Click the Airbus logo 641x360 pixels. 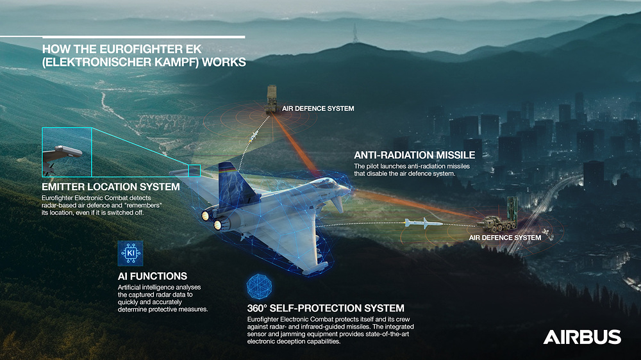(x=582, y=337)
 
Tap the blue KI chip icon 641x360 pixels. (x=131, y=254)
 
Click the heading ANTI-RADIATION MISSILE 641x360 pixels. (x=414, y=155)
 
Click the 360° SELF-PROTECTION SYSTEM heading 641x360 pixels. (x=326, y=308)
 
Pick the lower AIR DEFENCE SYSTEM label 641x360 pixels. (x=505, y=238)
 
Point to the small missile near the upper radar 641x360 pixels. (x=254, y=136)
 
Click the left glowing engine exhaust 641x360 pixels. (x=208, y=217)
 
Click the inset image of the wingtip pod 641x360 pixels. (x=67, y=152)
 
